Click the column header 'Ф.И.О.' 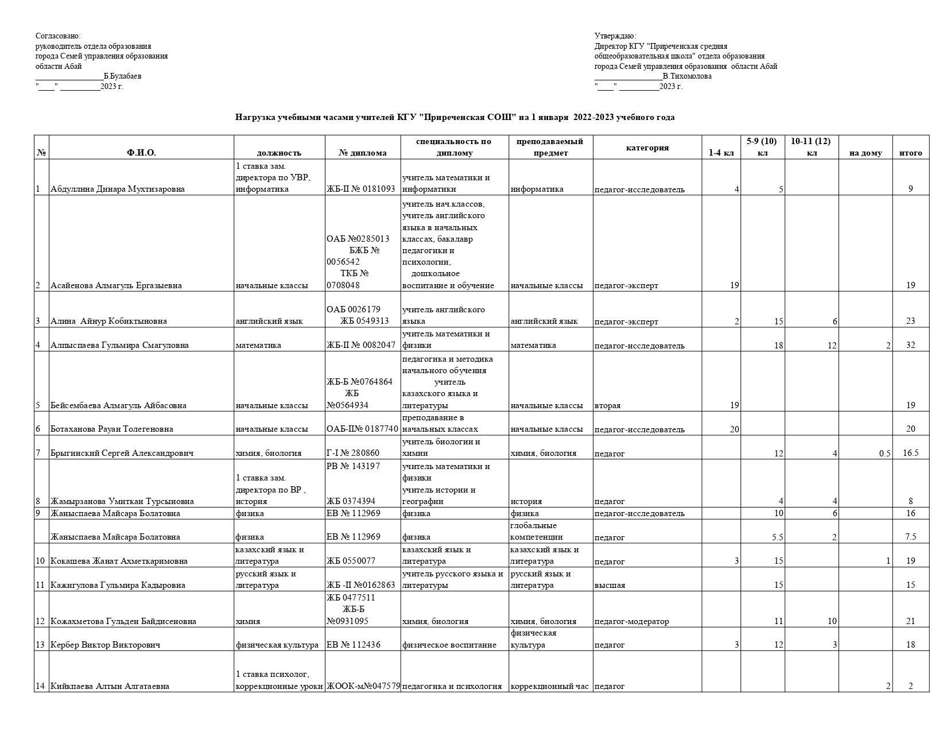141,153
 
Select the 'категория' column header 647,148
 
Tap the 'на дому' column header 865,153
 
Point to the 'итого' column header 910,153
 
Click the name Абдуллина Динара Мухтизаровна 118,189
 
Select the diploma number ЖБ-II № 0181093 361,189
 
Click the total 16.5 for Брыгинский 910,453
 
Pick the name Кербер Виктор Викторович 105,645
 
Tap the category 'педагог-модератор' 631,621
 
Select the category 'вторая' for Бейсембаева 607,405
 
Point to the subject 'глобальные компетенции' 533,531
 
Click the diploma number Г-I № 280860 353,453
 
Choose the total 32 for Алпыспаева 910,345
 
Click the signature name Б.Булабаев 122,76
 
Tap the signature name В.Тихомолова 686,76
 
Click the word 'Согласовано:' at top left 58,36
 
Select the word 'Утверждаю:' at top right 615,36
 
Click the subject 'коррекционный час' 549,686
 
